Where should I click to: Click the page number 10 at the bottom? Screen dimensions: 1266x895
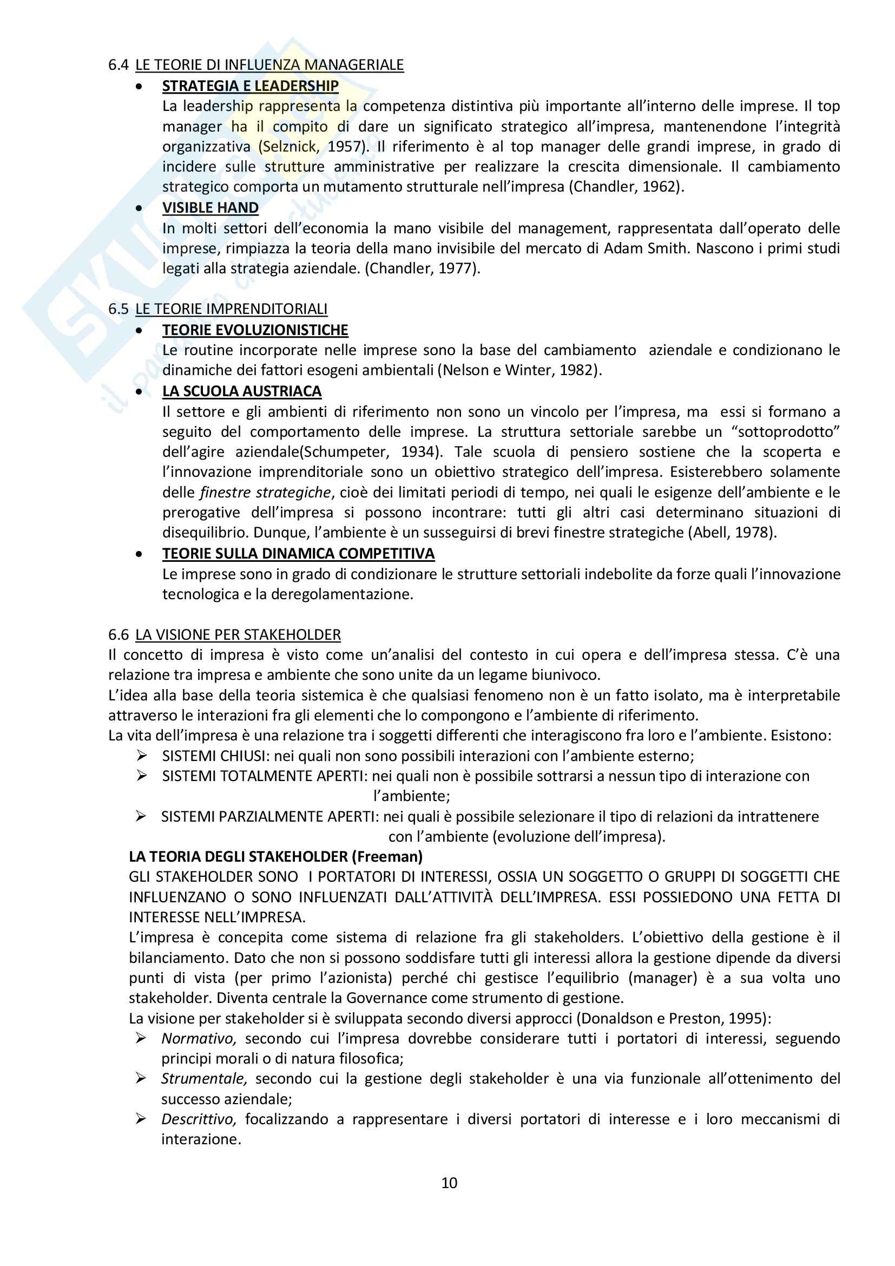[449, 1183]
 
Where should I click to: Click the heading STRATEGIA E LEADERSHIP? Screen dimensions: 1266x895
[250, 86]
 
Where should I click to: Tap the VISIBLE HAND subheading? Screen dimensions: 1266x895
[210, 208]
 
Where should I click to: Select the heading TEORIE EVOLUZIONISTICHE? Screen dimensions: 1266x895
[255, 330]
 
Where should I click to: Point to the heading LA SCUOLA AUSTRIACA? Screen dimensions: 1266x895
[241, 391]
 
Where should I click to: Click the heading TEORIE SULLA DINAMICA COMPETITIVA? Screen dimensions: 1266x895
[298, 554]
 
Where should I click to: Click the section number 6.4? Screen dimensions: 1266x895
[119, 65]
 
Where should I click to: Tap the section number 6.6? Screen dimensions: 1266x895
[119, 635]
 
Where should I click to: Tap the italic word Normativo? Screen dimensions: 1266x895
[199, 1039]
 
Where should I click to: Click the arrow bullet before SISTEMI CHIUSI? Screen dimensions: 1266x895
[142, 756]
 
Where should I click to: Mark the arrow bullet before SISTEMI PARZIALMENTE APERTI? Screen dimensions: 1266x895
[142, 816]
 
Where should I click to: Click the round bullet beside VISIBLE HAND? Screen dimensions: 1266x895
[140, 208]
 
